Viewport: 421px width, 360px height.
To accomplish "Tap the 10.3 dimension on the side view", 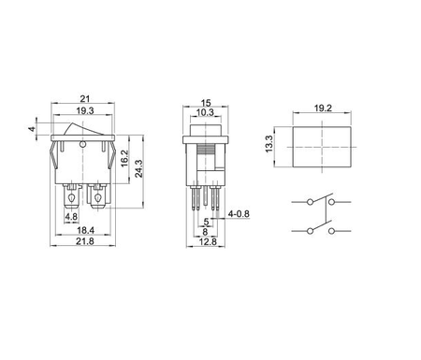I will pos(208,112).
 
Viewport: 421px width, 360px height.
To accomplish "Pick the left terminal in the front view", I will pos(71,198).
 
